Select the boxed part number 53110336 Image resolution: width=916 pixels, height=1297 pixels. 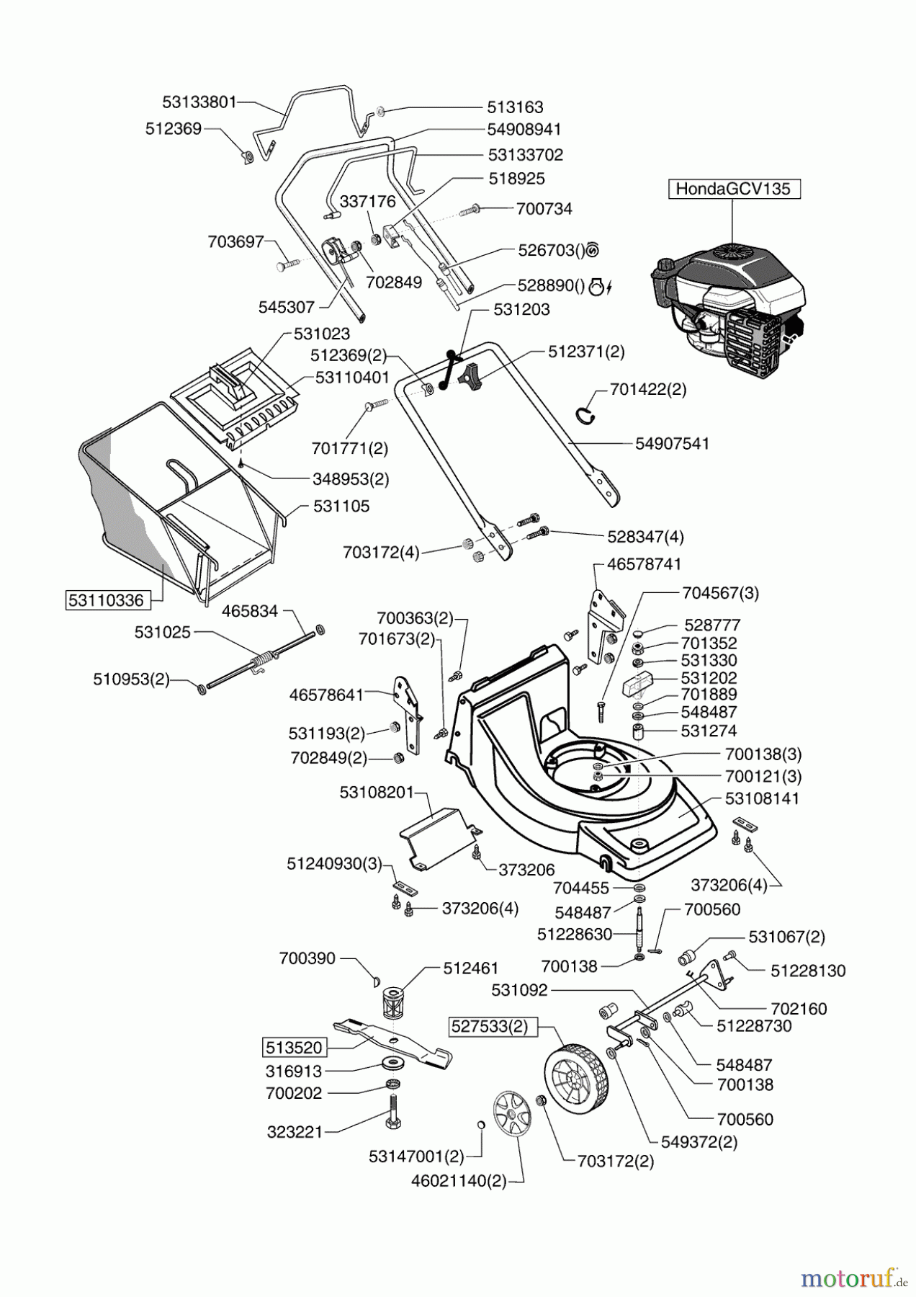[106, 600]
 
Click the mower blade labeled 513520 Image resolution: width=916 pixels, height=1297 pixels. [392, 1043]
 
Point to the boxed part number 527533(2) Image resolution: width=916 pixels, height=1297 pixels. [494, 1027]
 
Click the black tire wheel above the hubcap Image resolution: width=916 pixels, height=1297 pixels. [576, 1079]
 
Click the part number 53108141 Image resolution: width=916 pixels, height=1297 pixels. [762, 799]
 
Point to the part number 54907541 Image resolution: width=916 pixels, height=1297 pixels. [672, 444]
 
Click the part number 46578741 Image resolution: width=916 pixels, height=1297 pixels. [644, 564]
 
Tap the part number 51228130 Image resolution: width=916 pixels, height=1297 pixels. [808, 971]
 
